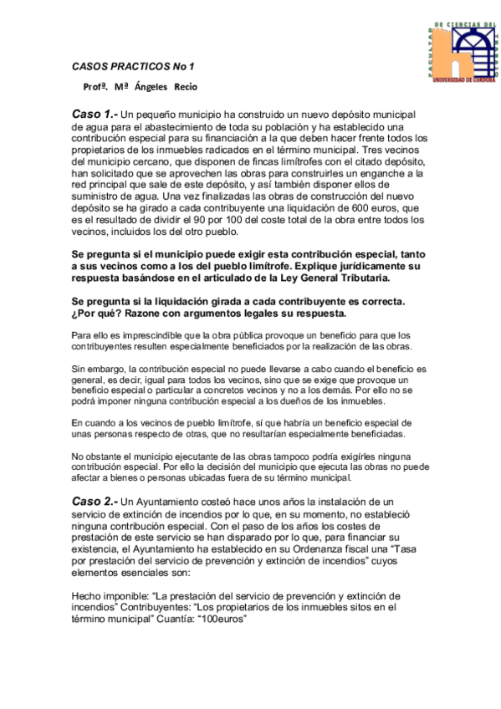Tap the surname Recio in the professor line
pos(187,86)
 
